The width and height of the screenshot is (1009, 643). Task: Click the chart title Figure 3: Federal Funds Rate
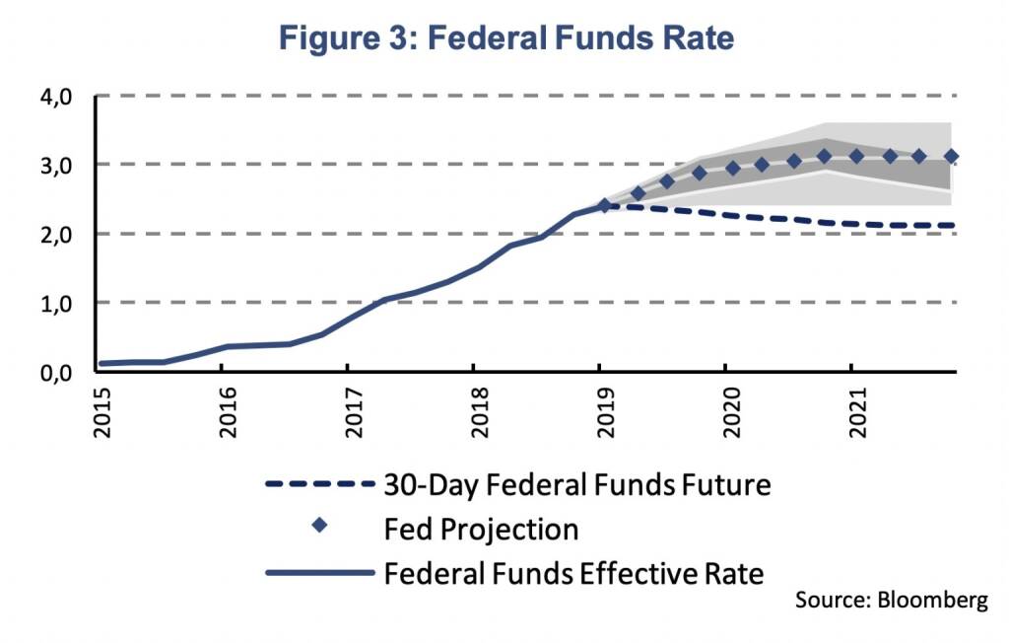click(x=506, y=38)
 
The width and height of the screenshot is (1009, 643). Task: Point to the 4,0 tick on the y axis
click(x=55, y=97)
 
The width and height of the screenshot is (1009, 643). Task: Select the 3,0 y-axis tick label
click(x=55, y=165)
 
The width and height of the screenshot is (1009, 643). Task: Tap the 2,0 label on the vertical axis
click(x=55, y=234)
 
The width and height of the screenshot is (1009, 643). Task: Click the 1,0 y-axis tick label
click(x=55, y=303)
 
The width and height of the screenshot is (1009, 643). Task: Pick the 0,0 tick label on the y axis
click(x=55, y=372)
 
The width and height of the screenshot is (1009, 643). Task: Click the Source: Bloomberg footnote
click(x=890, y=601)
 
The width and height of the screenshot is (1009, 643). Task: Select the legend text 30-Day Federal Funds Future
click(x=576, y=484)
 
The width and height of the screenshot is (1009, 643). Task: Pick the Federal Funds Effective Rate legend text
click(x=573, y=572)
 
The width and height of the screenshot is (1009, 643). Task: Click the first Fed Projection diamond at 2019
click(x=605, y=206)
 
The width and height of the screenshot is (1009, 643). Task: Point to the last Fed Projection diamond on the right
click(x=951, y=157)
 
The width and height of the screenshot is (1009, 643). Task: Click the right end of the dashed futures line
click(x=953, y=226)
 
